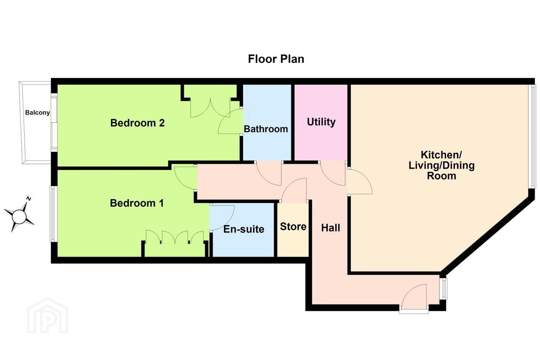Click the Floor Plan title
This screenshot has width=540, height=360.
coord(276,59)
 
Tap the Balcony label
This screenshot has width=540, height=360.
coord(37,112)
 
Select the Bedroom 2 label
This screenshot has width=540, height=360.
coord(137,123)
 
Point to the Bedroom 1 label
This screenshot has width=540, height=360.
coord(136,203)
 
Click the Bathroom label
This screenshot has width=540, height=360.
coord(265,129)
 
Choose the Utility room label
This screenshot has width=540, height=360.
coord(321,122)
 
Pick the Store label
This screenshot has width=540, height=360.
coord(293,226)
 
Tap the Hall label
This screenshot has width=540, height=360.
coord(330,228)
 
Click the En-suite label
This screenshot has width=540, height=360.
coord(244,229)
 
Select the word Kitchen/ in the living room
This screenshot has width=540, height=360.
coord(441,155)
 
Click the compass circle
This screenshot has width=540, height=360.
coord(19,216)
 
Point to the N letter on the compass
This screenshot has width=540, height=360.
coord(28,199)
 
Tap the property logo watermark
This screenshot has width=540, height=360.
coord(48,315)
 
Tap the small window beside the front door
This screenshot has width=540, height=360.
coord(443,289)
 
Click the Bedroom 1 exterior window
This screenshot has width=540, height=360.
coord(53,214)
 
